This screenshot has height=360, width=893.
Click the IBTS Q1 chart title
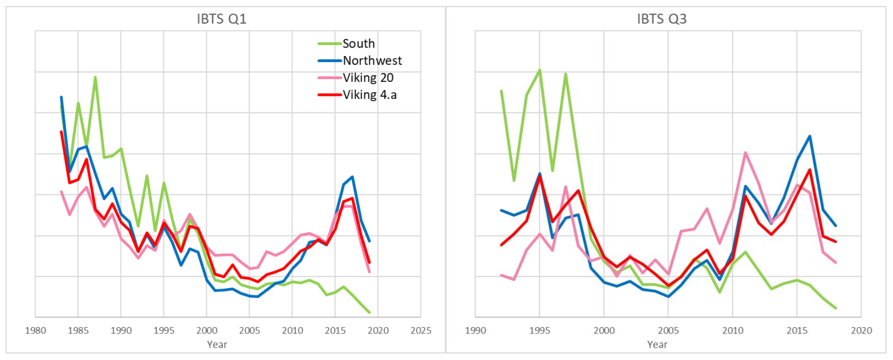pos(221,19)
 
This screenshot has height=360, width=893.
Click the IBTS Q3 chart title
pos(661,19)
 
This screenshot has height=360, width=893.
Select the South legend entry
pos(358,44)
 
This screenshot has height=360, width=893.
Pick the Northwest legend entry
pos(372,61)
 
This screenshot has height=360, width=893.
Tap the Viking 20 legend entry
pos(368,78)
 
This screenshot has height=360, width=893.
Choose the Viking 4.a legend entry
pos(369,95)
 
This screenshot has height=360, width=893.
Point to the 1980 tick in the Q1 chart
pos(35,330)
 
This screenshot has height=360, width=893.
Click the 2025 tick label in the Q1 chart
pos(420,330)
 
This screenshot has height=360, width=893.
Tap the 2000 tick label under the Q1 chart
pos(206,330)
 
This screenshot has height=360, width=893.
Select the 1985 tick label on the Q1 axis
pos(78,330)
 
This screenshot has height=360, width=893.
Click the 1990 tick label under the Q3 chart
pos(475,330)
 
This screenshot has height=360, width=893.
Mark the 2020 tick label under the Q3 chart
pos(861,330)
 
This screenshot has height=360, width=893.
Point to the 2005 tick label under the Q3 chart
pos(668,330)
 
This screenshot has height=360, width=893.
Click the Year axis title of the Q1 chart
pos(217,344)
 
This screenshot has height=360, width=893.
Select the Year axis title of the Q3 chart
pos(657,344)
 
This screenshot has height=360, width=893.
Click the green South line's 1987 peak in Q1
pos(95,77)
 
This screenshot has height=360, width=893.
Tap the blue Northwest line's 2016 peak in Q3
pos(809,136)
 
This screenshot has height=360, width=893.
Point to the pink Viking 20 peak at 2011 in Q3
pos(745,153)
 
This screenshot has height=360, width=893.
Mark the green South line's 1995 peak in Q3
pos(539,70)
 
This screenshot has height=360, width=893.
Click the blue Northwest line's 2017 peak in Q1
pos(352,177)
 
